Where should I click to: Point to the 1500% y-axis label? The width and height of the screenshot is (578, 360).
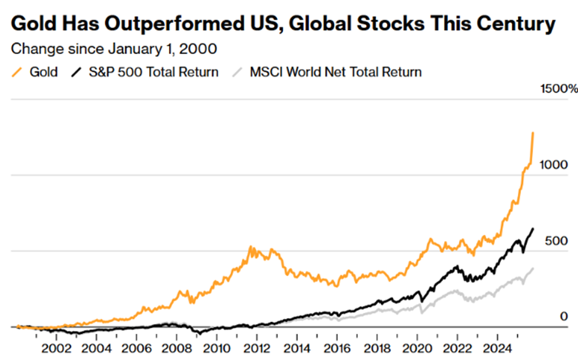pos(559,88)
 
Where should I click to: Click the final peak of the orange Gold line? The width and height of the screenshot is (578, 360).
pos(533,132)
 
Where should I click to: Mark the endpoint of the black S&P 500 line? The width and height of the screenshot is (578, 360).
pos(534,228)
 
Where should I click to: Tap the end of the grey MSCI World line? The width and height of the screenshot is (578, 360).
pos(533,268)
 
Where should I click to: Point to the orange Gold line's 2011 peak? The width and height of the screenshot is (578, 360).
pos(252,247)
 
